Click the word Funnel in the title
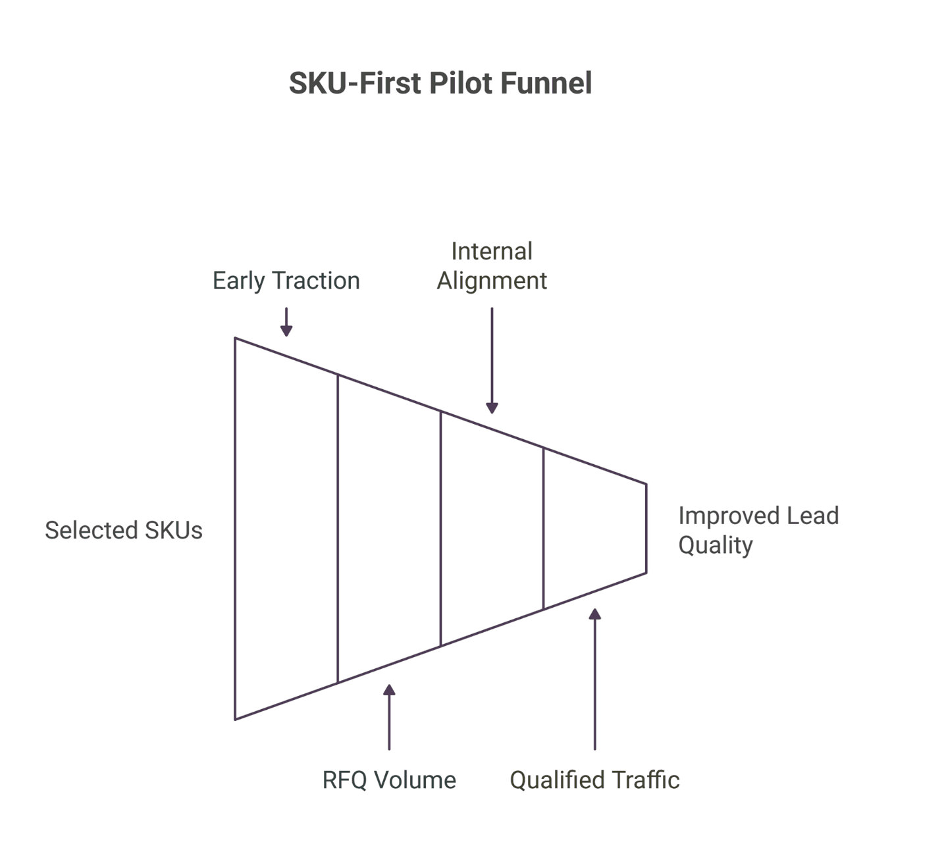(x=546, y=84)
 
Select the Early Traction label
(x=286, y=280)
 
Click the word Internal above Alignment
(x=492, y=251)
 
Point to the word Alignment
(x=492, y=280)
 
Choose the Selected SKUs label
(x=124, y=530)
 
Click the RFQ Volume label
(x=389, y=780)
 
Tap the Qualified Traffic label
(x=594, y=780)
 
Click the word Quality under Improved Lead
(x=716, y=545)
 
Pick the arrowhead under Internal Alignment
(x=492, y=408)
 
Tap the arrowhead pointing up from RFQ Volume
(x=389, y=690)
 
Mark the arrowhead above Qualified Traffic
(x=594, y=614)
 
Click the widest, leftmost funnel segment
(x=286, y=529)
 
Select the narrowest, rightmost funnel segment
(x=594, y=529)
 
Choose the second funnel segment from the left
(x=389, y=529)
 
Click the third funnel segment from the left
(x=492, y=529)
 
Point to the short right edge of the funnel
(x=646, y=529)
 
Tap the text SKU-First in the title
(x=356, y=84)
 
